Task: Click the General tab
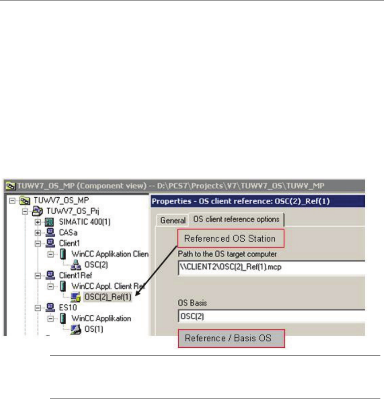click(x=173, y=220)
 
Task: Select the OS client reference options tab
click(x=237, y=219)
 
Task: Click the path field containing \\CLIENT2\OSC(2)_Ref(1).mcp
click(x=271, y=268)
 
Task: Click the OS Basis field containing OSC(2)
click(x=271, y=316)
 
